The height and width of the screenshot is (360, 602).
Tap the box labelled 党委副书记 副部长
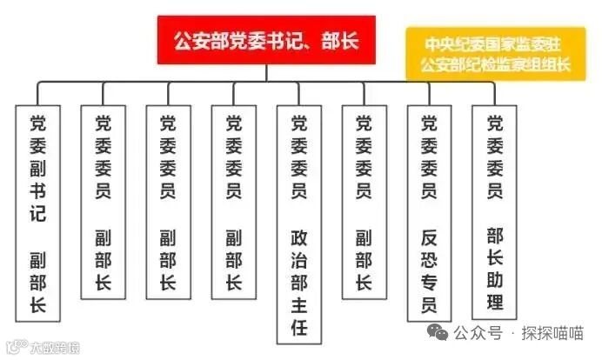38,213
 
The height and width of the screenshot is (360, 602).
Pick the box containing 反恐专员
429,213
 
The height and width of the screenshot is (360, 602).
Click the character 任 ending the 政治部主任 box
298,330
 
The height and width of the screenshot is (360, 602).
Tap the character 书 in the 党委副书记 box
38,190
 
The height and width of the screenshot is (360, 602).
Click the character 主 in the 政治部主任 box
298,306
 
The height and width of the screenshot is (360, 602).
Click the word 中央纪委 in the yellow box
456,43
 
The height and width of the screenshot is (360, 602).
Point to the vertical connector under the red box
264,72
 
